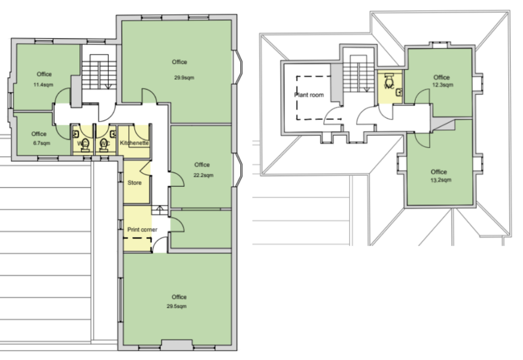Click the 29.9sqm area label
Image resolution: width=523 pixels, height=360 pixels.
pyautogui.click(x=184, y=78)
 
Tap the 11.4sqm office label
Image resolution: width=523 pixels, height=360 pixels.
pyautogui.click(x=43, y=85)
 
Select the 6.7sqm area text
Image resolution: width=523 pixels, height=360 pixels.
pyautogui.click(x=41, y=143)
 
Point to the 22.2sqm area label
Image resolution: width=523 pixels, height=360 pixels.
pyautogui.click(x=203, y=175)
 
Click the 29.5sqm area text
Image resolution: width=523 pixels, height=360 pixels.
pyautogui.click(x=176, y=306)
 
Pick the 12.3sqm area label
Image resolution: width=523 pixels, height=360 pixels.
pyautogui.click(x=443, y=85)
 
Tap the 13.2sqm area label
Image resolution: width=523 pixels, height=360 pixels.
pyautogui.click(x=441, y=180)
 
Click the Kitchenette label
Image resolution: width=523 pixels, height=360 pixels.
pyautogui.click(x=134, y=142)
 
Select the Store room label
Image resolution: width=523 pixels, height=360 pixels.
pyautogui.click(x=134, y=183)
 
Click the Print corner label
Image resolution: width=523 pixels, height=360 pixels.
pyautogui.click(x=142, y=229)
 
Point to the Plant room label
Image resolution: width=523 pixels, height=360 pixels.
pyautogui.click(x=309, y=94)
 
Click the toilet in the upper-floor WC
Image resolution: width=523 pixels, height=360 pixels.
pyautogui.click(x=389, y=80)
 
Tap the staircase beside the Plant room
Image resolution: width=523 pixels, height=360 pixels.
pyautogui.click(x=358, y=74)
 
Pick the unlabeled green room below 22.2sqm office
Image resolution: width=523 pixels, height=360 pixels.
pyautogui.click(x=201, y=230)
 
